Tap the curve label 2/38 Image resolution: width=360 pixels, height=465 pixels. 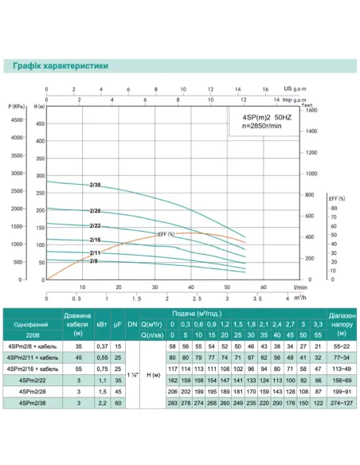(x=96, y=185)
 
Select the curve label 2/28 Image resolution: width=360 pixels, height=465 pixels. (x=96, y=211)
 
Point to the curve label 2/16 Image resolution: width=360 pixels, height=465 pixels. (x=96, y=240)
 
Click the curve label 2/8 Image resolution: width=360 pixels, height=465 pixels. (x=94, y=261)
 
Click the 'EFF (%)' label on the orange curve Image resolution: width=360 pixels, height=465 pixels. (x=166, y=233)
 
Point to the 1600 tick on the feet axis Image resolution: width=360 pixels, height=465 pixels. (x=311, y=111)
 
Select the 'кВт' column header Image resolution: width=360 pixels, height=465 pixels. (x=102, y=325)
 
